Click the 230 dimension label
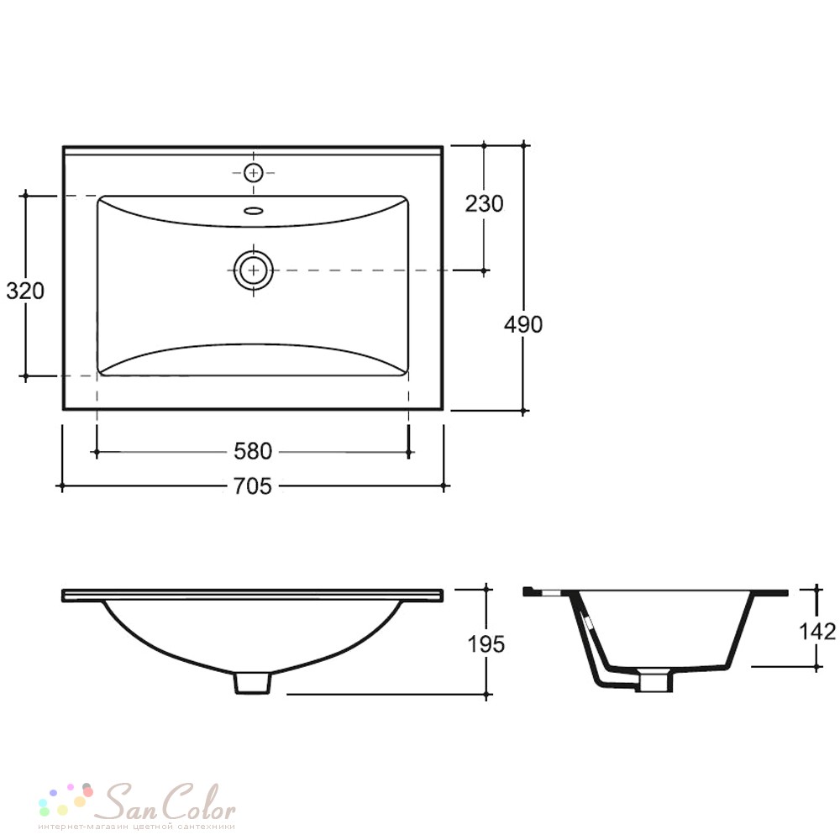484,203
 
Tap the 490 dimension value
522,324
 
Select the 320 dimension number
24,291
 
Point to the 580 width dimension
252,452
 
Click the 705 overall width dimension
252,486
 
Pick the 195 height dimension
486,644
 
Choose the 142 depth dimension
817,632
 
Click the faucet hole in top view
254,172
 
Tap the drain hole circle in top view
254,270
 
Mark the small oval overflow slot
254,211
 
